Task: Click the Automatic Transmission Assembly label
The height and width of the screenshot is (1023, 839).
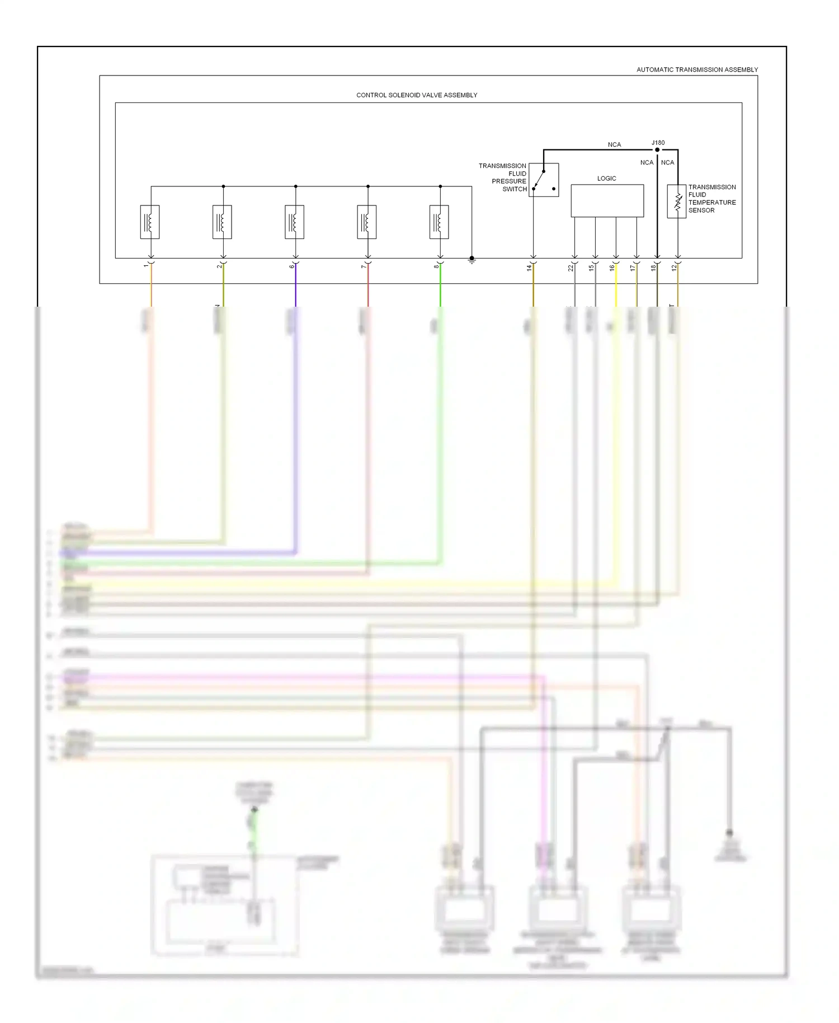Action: [697, 70]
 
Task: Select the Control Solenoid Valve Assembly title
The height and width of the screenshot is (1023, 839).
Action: [417, 95]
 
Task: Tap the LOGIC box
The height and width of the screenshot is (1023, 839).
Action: [607, 201]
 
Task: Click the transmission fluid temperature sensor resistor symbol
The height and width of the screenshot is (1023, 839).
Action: [677, 201]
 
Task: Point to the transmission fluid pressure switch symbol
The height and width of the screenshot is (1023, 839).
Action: [544, 180]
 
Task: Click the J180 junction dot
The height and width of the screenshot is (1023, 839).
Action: [657, 150]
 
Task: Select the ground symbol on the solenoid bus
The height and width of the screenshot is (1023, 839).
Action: [472, 259]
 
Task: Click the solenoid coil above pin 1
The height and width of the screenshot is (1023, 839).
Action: [150, 222]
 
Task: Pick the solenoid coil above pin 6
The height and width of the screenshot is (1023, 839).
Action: [295, 222]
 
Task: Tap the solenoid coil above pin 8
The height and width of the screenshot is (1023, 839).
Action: [439, 222]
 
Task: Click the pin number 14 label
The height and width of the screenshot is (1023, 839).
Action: [529, 268]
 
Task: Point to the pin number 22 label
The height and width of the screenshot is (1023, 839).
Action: [571, 268]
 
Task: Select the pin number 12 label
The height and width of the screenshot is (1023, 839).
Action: [674, 268]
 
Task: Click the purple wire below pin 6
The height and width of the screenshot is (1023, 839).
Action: [295, 285]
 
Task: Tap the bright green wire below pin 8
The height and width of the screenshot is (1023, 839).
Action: [440, 285]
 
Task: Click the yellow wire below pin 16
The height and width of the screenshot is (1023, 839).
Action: [616, 285]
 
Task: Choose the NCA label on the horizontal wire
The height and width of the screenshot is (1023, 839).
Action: [614, 145]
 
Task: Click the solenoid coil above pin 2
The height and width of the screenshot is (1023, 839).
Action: [222, 222]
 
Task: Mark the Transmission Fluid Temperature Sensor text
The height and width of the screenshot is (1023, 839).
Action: [711, 199]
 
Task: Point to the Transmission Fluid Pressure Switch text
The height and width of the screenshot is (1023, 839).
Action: [503, 177]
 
